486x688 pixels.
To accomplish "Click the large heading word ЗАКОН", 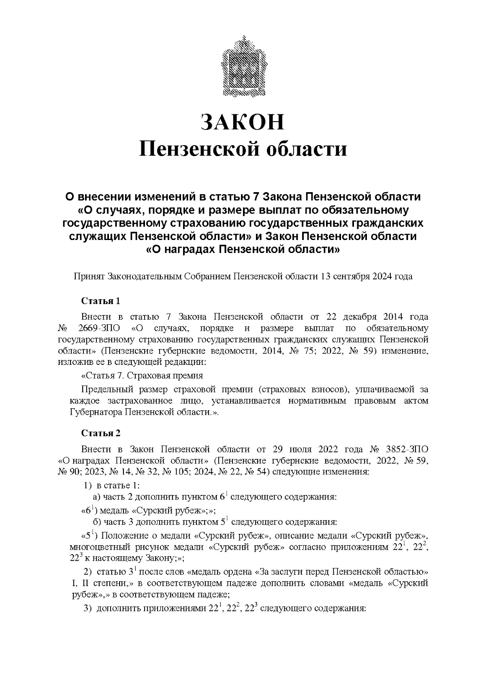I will point(243,122).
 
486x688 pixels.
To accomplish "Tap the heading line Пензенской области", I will point(243,149).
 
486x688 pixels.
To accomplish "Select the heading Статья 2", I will point(101,433).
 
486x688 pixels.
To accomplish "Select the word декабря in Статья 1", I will point(360,316).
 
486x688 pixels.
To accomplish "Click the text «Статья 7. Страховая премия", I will point(142,375).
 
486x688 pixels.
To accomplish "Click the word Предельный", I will point(107,390).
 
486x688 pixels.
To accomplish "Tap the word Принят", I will point(89,276).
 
